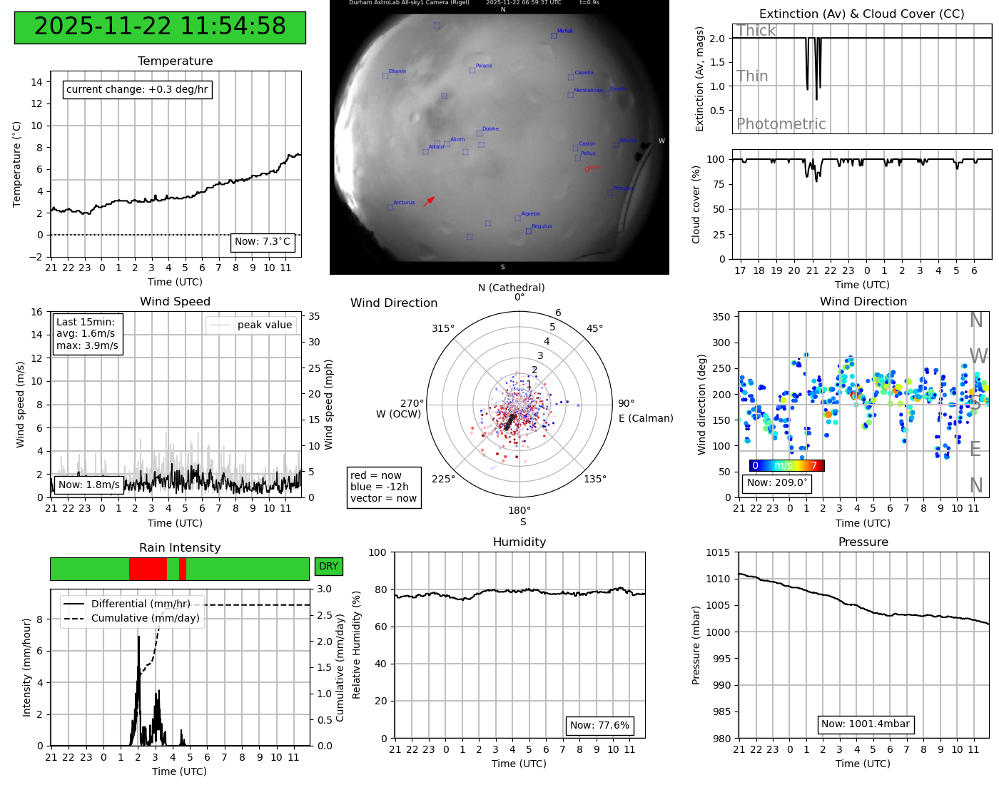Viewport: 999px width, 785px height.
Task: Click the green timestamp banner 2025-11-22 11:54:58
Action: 160,27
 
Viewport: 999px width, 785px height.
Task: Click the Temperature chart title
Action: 175,61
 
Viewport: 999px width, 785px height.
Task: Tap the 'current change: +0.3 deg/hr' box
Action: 137,89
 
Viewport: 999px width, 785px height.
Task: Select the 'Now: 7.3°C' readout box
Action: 263,242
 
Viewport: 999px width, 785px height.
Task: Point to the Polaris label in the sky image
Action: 484,66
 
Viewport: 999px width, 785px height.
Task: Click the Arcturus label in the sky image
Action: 403,203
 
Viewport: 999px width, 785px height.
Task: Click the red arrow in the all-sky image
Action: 429,201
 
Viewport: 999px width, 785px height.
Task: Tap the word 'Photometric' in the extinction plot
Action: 781,124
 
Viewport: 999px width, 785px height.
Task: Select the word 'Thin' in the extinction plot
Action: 752,76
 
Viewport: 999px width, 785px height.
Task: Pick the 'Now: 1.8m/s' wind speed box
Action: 89,485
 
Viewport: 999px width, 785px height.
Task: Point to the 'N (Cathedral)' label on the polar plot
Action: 511,288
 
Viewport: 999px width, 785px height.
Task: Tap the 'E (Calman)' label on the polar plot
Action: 646,418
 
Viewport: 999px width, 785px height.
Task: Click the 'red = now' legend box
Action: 384,487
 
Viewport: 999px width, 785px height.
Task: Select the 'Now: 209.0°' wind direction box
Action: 777,482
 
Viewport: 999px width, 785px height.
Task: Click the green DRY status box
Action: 328,567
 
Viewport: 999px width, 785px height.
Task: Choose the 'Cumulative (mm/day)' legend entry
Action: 145,618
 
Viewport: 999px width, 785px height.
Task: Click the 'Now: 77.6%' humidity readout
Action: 599,725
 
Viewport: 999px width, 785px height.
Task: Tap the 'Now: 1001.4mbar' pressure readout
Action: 865,724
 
